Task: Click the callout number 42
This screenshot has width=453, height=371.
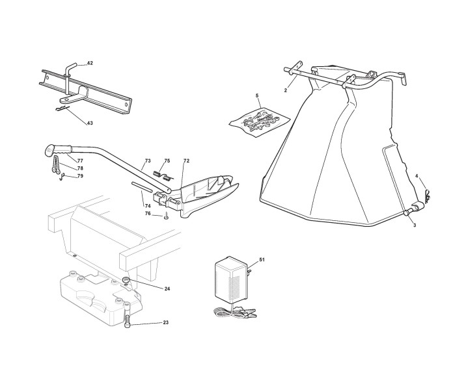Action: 90,63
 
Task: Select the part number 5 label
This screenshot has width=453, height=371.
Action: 257,96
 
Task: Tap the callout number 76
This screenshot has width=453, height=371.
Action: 148,213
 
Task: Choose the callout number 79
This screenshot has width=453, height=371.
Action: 80,176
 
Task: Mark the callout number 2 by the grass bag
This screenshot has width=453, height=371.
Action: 285,90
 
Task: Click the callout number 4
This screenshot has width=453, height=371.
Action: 417,176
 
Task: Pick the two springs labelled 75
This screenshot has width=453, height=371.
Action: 161,175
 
